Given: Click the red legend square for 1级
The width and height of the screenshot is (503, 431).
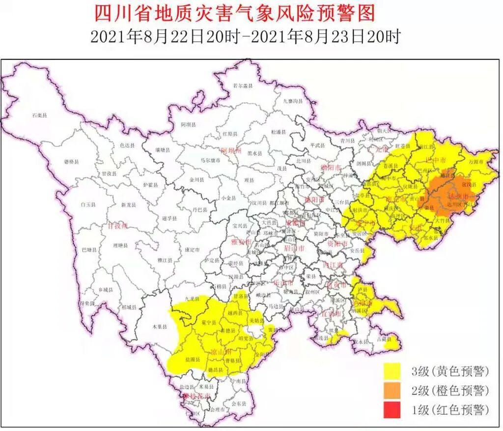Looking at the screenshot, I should tap(393, 410).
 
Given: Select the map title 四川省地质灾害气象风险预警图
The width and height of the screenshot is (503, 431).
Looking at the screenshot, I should tap(234, 13).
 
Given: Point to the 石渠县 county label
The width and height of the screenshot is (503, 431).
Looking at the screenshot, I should tap(39, 115).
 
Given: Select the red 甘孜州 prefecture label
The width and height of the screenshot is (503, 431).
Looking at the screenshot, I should tap(118, 226).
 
